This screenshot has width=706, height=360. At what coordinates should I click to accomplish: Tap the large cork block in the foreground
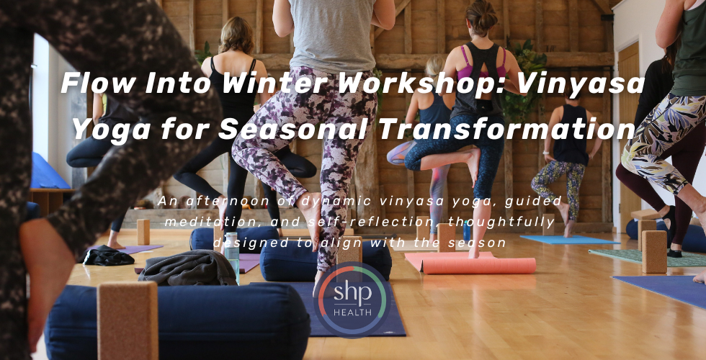(128, 320)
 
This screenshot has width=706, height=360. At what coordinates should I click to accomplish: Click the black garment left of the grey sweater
(108, 255)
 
